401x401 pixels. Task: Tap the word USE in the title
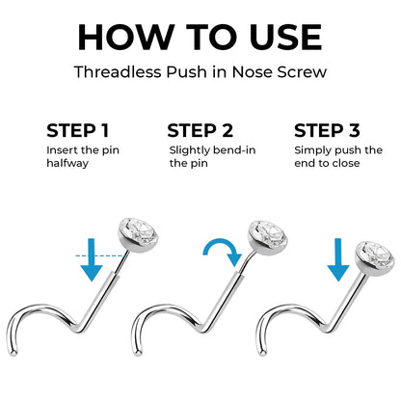[285, 38]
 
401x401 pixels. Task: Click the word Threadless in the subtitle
[118, 71]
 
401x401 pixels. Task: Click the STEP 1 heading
[78, 131]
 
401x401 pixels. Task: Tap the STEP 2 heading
[200, 131]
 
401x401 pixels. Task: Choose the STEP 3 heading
[327, 131]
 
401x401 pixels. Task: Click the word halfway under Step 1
[67, 163]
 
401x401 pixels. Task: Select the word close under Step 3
[346, 163]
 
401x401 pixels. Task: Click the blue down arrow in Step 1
[92, 259]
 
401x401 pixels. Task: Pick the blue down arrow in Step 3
[338, 259]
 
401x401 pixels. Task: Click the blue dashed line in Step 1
[101, 255]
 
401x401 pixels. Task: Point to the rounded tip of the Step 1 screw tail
[13, 353]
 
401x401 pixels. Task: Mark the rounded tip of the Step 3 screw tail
[263, 353]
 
